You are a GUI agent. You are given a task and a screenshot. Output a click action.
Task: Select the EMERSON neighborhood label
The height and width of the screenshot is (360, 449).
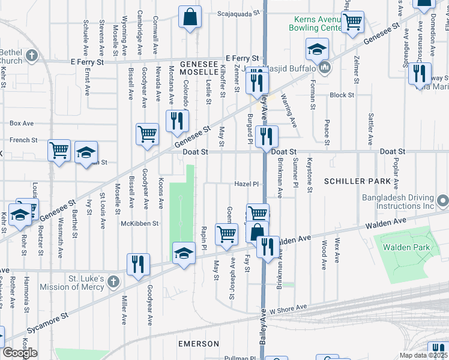(199, 343)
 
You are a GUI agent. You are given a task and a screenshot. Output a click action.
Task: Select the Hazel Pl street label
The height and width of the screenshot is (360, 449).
(246, 184)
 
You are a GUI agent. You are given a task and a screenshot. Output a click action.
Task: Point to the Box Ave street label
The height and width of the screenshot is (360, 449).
(22, 123)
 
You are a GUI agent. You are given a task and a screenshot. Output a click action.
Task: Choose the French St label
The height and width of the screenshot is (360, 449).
(23, 140)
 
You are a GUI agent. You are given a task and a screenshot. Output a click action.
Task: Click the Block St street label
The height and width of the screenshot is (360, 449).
(342, 95)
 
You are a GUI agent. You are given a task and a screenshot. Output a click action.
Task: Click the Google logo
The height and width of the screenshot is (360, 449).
(20, 353)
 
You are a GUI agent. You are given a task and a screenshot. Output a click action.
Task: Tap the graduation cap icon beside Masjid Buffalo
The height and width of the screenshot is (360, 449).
(316, 49)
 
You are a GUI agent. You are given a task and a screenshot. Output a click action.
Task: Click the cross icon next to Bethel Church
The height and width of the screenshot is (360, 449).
(31, 56)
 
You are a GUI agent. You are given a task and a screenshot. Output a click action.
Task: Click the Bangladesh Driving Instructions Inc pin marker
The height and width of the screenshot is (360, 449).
(442, 200)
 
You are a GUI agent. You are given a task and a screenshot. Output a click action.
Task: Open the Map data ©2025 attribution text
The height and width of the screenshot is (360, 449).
(424, 355)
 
